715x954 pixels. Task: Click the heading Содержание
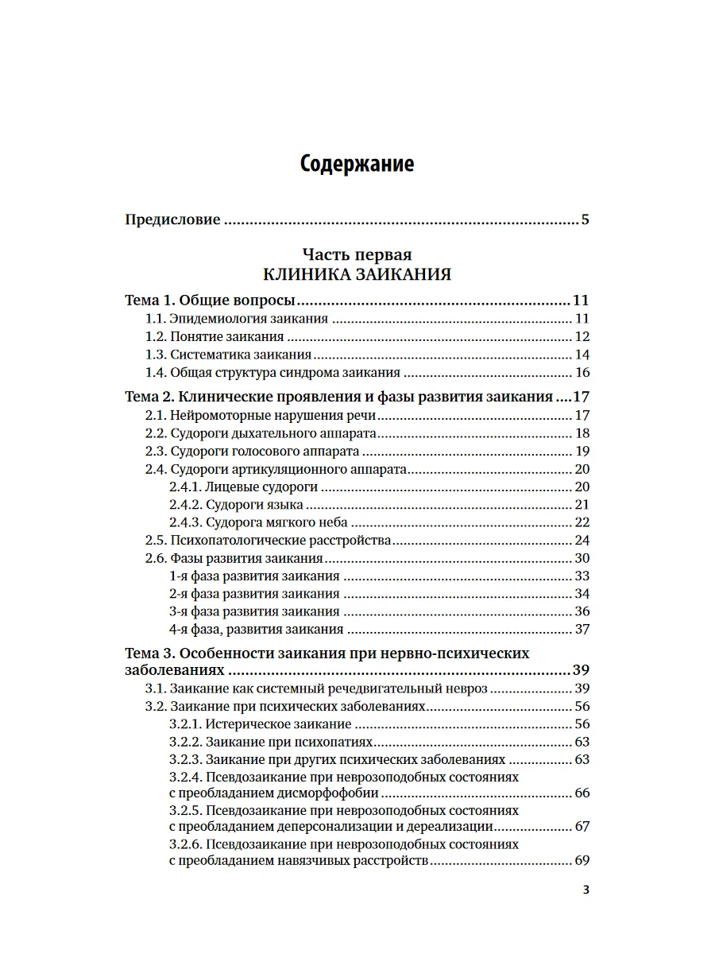coord(357,165)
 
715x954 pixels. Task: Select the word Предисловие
coord(172,219)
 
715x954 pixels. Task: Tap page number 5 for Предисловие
coord(585,219)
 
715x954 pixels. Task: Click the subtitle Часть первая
coord(357,255)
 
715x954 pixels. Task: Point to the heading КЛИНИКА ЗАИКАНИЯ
coord(357,275)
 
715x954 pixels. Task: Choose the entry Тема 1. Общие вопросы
coord(211,301)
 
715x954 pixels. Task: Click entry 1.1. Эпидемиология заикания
coord(237,319)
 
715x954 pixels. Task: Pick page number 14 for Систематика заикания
coord(582,355)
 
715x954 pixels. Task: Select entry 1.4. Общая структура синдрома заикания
coord(272,373)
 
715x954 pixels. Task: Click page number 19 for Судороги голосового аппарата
coord(582,452)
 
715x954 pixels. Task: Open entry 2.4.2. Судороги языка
coord(236,505)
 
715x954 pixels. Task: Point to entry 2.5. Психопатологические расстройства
coord(269,541)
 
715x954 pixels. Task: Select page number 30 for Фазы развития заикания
coord(582,558)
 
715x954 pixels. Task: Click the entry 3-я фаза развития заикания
coord(254,611)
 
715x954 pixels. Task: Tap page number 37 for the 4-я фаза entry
coord(582,630)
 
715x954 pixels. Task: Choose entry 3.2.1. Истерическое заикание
coord(261,724)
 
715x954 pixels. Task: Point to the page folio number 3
coord(586,890)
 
